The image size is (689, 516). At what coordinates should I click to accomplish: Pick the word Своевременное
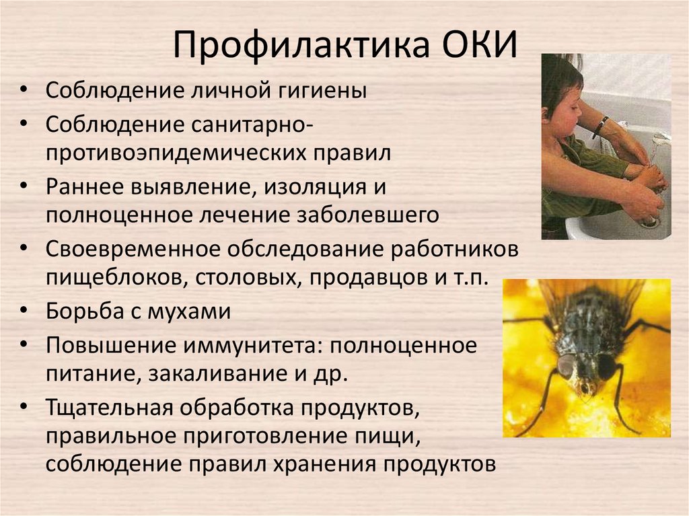coord(133,250)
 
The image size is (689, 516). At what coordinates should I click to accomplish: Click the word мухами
coord(189,312)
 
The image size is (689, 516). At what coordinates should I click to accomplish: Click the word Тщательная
coord(110,408)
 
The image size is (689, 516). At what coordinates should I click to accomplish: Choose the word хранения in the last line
coord(325,465)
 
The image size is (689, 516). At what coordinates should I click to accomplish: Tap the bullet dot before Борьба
coord(24,309)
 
